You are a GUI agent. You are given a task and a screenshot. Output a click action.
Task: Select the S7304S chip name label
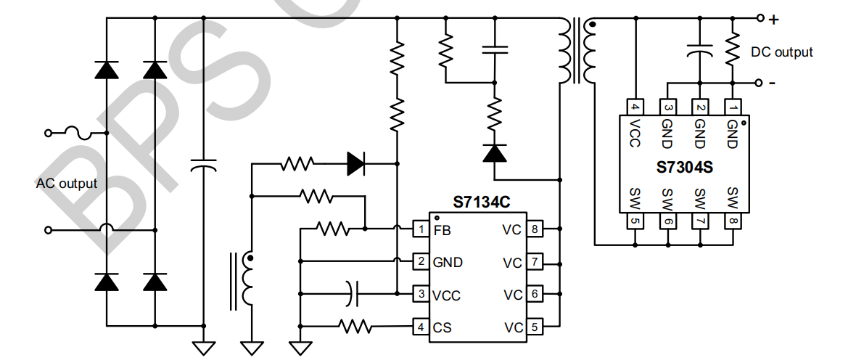click(685, 167)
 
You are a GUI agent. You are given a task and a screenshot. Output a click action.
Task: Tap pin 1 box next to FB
click(421, 229)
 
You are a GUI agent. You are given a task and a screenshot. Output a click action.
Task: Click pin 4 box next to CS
click(421, 327)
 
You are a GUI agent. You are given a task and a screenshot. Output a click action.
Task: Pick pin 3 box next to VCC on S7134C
click(421, 294)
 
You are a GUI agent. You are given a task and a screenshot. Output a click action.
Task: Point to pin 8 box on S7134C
click(534, 229)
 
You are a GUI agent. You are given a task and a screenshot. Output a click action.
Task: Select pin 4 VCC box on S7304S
click(635, 107)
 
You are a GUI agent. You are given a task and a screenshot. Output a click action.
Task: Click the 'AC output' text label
click(67, 184)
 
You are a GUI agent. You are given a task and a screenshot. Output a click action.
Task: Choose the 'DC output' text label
click(782, 52)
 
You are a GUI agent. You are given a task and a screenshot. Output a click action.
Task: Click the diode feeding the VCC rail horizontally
click(355, 163)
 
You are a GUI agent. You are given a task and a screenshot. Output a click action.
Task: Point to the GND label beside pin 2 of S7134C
click(448, 262)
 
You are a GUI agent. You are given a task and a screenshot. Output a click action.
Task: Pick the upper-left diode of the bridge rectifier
click(107, 70)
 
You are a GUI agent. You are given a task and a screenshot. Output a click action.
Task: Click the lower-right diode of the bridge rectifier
click(155, 281)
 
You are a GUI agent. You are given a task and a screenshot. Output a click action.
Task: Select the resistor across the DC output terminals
click(733, 49)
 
